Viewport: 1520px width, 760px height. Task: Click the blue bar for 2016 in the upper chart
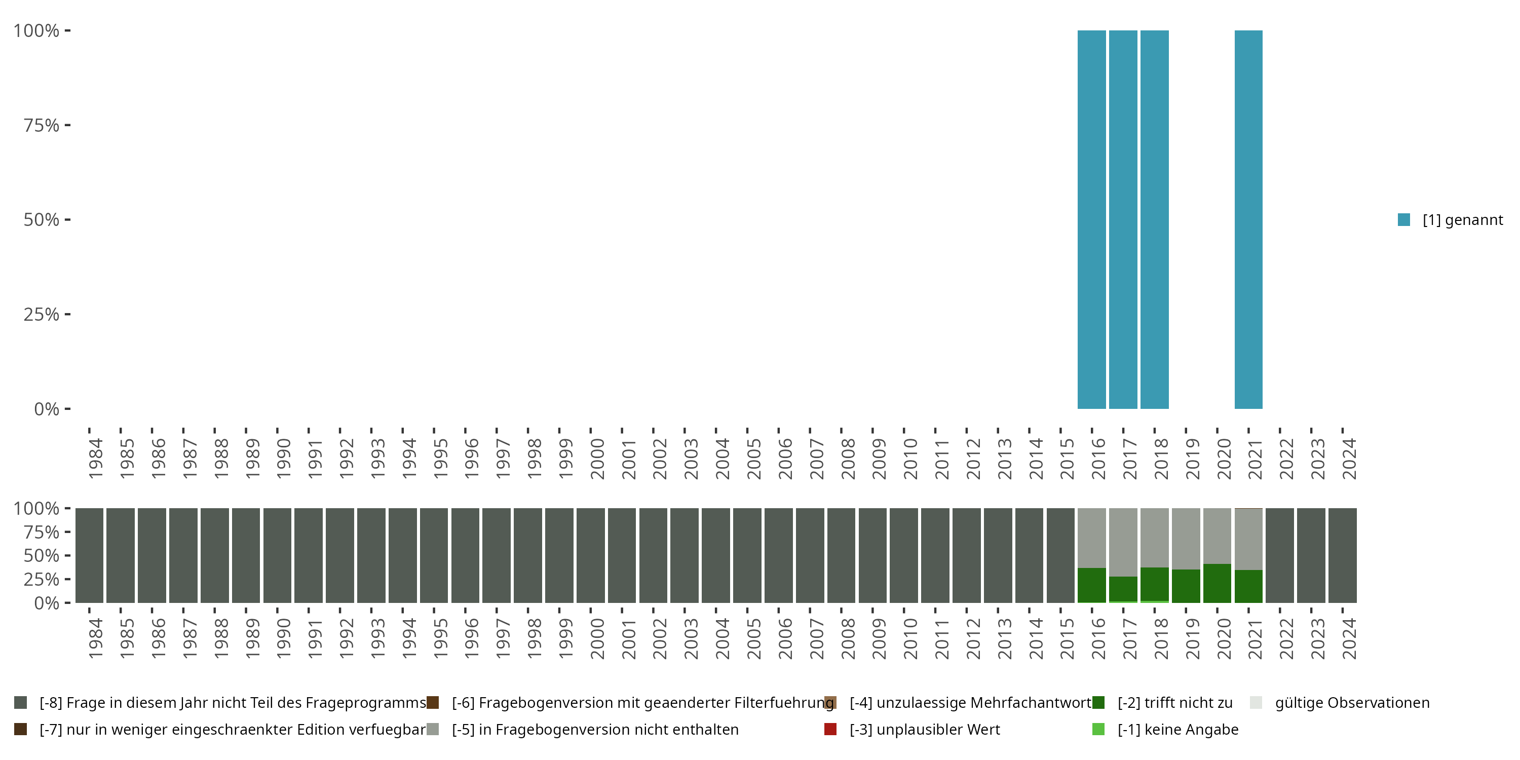pyautogui.click(x=1092, y=219)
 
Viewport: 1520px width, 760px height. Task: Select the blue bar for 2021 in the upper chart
pyautogui.click(x=1248, y=219)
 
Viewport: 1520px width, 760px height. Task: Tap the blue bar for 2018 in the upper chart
pyautogui.click(x=1154, y=219)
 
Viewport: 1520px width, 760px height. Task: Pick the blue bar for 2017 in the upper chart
pyautogui.click(x=1123, y=219)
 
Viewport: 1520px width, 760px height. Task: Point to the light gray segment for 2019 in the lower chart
pyautogui.click(x=1186, y=538)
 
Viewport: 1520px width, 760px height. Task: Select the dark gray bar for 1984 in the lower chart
pyautogui.click(x=90, y=555)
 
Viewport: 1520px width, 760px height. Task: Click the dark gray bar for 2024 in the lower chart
pyautogui.click(x=1342, y=555)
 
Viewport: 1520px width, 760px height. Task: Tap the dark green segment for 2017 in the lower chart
pyautogui.click(x=1123, y=588)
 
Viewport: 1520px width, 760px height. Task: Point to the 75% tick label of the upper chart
pyautogui.click(x=42, y=125)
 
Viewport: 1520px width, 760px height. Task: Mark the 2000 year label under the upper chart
pyautogui.click(x=597, y=459)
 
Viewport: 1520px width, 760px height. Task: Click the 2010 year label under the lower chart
pyautogui.click(x=910, y=638)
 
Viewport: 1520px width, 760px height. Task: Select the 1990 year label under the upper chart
pyautogui.click(x=284, y=459)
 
